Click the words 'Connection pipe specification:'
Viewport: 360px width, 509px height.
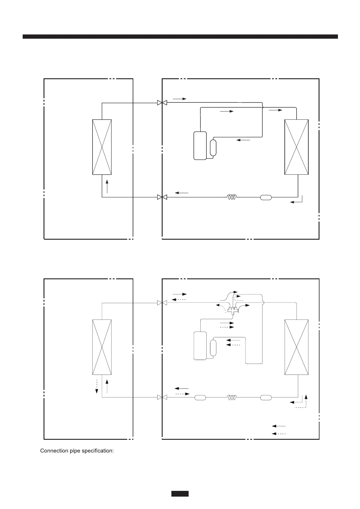pyautogui.click(x=77, y=451)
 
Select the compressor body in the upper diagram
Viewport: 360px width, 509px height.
pyautogui.click(x=200, y=145)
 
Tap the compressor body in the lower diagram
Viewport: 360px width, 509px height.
pyautogui.click(x=200, y=345)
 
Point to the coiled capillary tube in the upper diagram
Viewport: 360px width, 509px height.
pyautogui.click(x=232, y=197)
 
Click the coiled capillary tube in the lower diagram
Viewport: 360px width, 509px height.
pyautogui.click(x=232, y=397)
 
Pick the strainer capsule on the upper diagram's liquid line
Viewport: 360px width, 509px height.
pyautogui.click(x=266, y=197)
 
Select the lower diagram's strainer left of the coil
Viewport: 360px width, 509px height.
pyautogui.click(x=200, y=397)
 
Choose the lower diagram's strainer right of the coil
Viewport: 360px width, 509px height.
pyautogui.click(x=266, y=397)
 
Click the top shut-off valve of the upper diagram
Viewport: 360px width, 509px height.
pyautogui.click(x=162, y=103)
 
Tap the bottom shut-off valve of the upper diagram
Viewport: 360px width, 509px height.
pyautogui.click(x=162, y=197)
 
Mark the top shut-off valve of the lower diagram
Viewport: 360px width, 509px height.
pyautogui.click(x=162, y=303)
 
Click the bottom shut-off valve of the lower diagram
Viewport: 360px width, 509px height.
pyautogui.click(x=162, y=397)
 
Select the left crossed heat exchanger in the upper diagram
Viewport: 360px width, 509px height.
pyautogui.click(x=102, y=147)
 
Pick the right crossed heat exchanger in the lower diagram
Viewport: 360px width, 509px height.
pyautogui.click(x=297, y=347)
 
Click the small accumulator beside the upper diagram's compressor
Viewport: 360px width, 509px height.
pyautogui.click(x=213, y=148)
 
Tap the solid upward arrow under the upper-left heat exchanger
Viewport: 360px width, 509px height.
pyautogui.click(x=107, y=186)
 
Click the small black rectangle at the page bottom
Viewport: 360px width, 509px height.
pyautogui.click(x=180, y=494)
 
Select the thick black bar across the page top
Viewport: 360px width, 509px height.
pyautogui.click(x=180, y=37)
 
